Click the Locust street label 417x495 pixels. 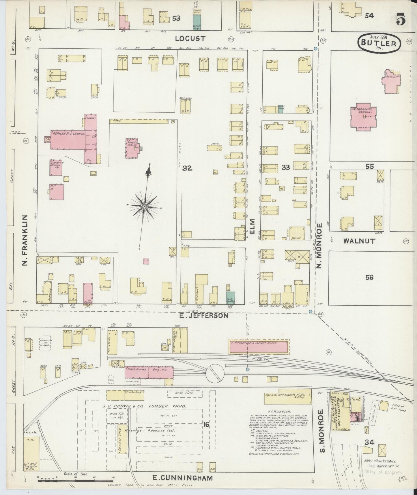(190, 38)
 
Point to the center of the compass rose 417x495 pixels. (144, 206)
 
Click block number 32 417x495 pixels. (187, 168)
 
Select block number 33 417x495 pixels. (286, 167)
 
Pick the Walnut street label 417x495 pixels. (359, 241)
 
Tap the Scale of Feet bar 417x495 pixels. (76, 480)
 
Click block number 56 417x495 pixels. (369, 278)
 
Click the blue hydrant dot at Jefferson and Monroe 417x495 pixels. (311, 312)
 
